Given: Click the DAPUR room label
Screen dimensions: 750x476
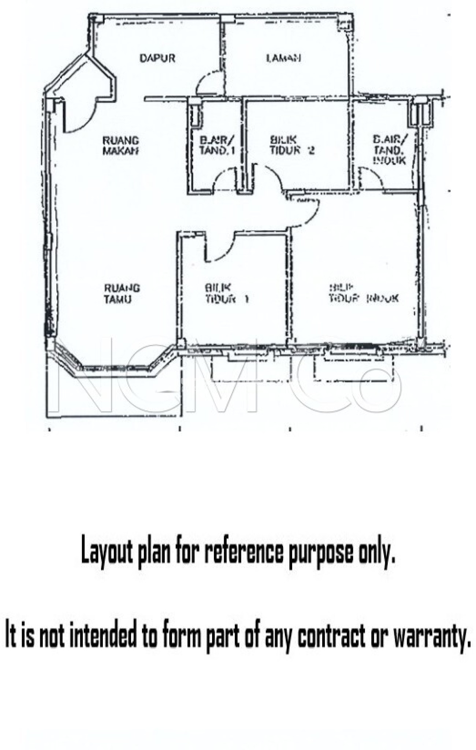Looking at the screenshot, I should (x=157, y=58).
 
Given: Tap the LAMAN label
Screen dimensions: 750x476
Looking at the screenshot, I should (x=284, y=58).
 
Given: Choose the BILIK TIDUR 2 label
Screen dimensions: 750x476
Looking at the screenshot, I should (x=292, y=145).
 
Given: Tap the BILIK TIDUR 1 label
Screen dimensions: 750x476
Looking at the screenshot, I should (x=226, y=294).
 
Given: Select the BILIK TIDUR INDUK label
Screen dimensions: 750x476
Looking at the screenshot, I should (x=363, y=294).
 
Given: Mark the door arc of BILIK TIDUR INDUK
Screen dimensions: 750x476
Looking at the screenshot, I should (x=306, y=212).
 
